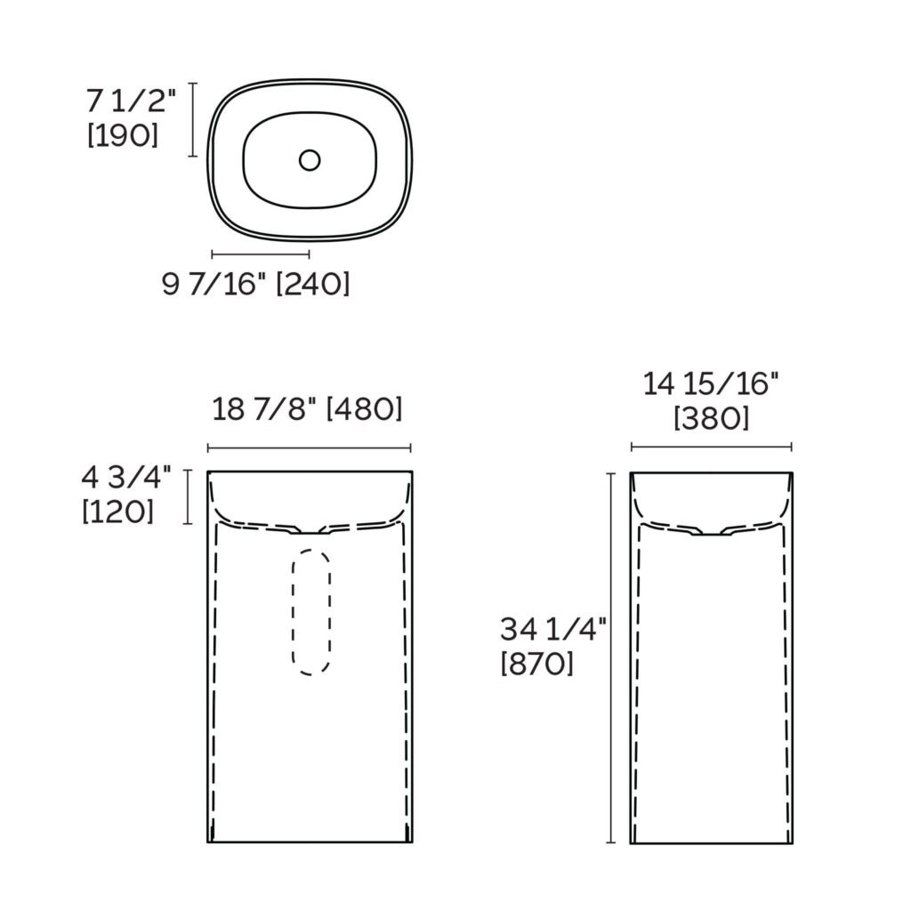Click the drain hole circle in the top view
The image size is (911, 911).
point(310,160)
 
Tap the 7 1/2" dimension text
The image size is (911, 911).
point(132,101)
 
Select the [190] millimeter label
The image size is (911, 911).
point(123,136)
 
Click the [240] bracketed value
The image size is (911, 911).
point(313,285)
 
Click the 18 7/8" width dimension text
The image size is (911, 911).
point(265,409)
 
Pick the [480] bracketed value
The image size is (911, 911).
point(365,409)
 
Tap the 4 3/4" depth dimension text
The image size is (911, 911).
point(125,478)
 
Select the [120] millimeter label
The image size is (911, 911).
point(117,512)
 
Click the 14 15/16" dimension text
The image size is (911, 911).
point(712,384)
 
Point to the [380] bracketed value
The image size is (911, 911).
point(712,418)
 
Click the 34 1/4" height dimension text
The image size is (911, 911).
point(553,630)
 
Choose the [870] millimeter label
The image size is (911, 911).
point(537,664)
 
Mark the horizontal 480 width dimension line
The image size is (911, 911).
point(310,447)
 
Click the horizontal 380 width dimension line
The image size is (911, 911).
point(712,447)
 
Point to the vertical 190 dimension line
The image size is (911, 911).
point(193,119)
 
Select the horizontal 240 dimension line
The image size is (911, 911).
point(261,254)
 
